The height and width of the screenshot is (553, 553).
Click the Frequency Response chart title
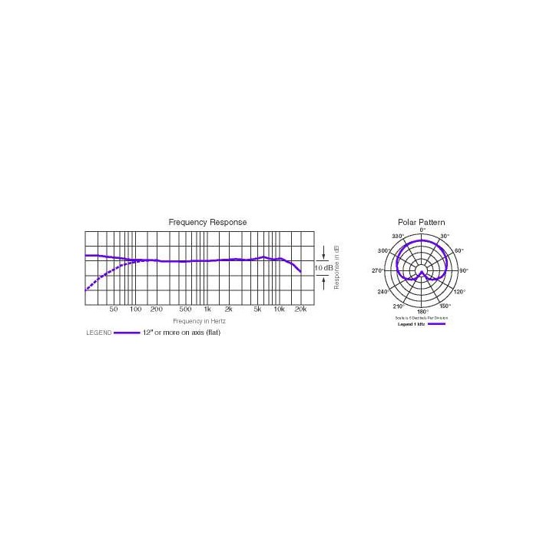point(207,222)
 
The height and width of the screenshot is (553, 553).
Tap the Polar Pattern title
point(421,222)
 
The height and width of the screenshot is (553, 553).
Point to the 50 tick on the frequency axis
point(114,310)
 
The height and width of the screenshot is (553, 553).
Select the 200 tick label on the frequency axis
point(156,310)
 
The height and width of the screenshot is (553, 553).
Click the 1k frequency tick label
point(207,310)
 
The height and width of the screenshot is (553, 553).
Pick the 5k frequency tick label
point(258,310)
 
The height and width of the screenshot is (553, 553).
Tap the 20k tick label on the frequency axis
point(301,310)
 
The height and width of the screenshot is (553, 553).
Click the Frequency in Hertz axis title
point(197,320)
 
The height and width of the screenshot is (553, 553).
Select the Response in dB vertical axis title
point(336,267)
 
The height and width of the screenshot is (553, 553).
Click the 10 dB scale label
point(323,267)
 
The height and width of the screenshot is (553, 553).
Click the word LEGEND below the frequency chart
point(98,333)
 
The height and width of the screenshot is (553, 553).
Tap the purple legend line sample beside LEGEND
point(127,333)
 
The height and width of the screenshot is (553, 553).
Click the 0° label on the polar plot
point(422,230)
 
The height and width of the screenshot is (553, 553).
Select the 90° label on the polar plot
point(464,270)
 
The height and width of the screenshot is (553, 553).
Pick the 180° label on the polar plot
point(422,311)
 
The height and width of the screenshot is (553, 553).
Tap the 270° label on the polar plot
point(377,270)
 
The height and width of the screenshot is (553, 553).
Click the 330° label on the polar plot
point(397,236)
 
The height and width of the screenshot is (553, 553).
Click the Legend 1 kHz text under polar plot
point(410,324)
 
